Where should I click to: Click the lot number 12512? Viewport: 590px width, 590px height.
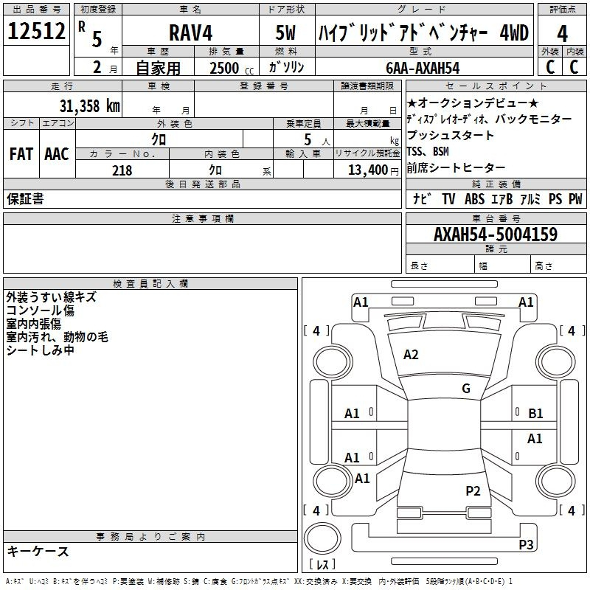[x=36, y=31]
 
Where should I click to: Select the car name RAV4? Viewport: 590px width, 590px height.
[x=190, y=32]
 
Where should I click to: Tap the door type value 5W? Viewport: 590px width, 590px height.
[x=285, y=32]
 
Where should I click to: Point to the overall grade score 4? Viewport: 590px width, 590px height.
[x=562, y=34]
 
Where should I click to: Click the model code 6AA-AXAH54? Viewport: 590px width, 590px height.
[x=423, y=68]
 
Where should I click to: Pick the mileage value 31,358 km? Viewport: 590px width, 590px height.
[x=90, y=106]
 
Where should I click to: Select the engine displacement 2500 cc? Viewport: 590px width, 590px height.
[x=232, y=68]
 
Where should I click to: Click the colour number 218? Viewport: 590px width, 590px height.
[x=122, y=170]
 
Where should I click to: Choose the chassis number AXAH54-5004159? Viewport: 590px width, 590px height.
[x=496, y=235]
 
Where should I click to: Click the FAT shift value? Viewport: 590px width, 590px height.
[x=21, y=154]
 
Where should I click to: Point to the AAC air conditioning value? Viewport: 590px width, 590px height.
[x=57, y=154]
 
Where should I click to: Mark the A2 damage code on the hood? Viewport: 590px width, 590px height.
[x=411, y=355]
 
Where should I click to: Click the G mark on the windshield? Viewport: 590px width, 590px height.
[x=466, y=388]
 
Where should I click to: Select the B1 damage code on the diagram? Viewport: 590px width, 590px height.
[x=535, y=414]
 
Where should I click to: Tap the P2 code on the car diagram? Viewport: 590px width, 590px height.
[x=473, y=491]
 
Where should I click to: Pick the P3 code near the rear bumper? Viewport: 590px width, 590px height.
[x=526, y=544]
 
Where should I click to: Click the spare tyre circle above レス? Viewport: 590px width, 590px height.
[x=322, y=538]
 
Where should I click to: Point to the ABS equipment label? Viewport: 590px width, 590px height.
[x=474, y=199]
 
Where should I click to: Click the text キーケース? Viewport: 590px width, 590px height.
[x=38, y=551]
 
